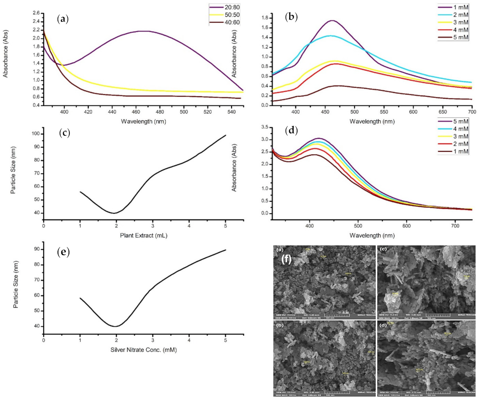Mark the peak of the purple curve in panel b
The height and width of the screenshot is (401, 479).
332,20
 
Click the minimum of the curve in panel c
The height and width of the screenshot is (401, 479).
113,213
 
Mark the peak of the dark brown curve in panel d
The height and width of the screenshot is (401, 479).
312,155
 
